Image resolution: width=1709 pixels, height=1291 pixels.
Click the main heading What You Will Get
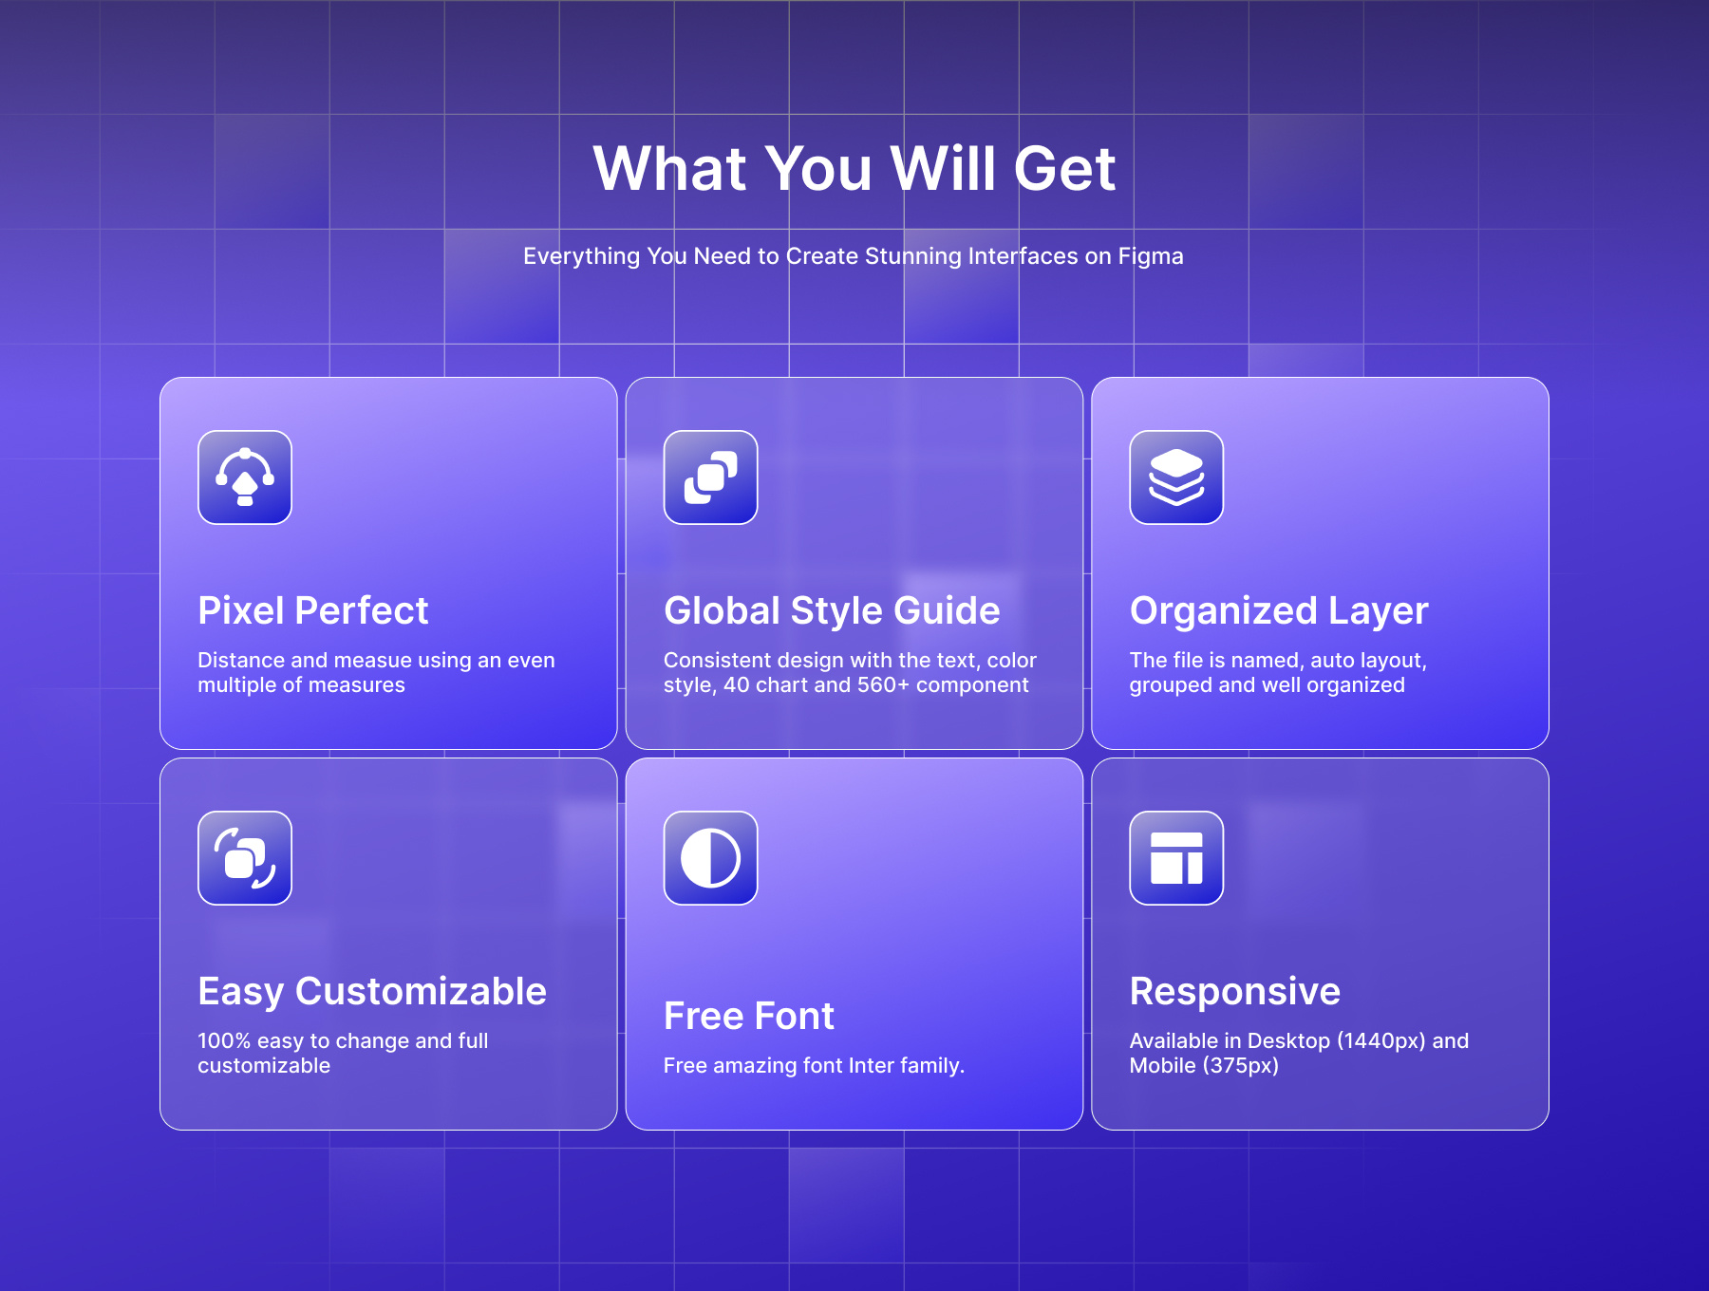tap(854, 169)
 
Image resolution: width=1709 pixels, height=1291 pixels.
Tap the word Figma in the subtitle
tap(1151, 256)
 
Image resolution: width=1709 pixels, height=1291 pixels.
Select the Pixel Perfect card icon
tap(245, 477)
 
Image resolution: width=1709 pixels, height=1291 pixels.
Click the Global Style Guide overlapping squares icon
tap(710, 477)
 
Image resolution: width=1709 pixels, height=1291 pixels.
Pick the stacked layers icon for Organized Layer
tap(1176, 477)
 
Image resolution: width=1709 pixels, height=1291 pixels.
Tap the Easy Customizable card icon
tap(245, 858)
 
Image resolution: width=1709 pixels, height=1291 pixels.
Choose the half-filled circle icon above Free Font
tap(710, 858)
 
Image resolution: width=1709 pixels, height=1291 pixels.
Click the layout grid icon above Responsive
tap(1176, 858)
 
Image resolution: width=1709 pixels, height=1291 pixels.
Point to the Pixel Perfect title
tap(313, 611)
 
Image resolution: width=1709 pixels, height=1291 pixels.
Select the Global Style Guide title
tap(832, 611)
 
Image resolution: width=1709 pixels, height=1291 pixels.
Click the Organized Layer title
tap(1279, 611)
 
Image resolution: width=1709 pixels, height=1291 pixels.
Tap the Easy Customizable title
tap(372, 992)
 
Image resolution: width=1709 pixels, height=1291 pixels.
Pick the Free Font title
tap(749, 1017)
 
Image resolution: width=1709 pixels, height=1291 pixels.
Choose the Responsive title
tap(1235, 992)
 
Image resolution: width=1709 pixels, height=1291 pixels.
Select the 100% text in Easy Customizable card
tap(224, 1041)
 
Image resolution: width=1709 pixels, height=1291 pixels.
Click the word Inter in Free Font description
tap(872, 1066)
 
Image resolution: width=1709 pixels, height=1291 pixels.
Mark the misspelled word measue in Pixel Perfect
tap(373, 661)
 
